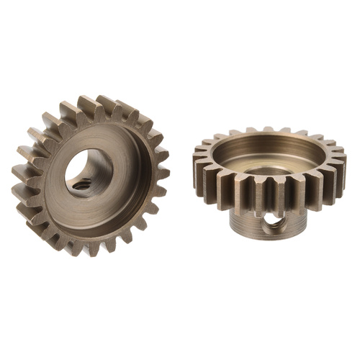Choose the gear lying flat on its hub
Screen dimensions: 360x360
[x=270, y=180]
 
